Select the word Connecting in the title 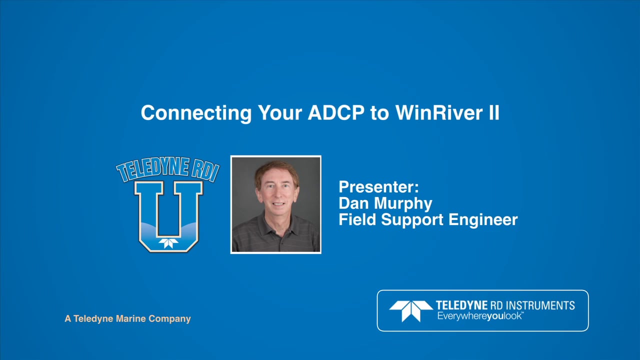click(196, 113)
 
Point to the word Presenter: click(378, 187)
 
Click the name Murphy click(407, 203)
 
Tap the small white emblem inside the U click(168, 243)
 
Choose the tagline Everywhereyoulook click(480, 316)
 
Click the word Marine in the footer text click(133, 318)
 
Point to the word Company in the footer click(171, 318)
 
